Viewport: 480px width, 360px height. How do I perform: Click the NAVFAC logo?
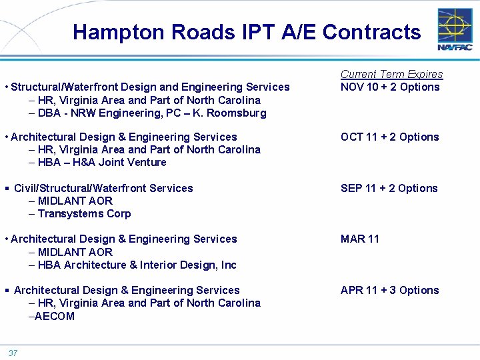click(455, 30)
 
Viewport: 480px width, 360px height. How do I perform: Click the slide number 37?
click(13, 353)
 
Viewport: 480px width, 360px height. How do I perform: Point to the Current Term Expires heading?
click(391, 74)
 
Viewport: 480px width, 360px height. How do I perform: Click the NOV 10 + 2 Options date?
click(390, 87)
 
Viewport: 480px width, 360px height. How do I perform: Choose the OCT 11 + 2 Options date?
click(389, 137)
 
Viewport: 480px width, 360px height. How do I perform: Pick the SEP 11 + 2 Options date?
click(389, 188)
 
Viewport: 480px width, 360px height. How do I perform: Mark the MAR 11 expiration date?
click(359, 239)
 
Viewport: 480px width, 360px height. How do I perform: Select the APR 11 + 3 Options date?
click(389, 290)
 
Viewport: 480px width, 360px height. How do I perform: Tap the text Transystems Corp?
click(84, 213)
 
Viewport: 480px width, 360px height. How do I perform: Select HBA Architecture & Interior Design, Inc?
click(137, 265)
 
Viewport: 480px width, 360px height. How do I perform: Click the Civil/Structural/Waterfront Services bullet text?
click(103, 188)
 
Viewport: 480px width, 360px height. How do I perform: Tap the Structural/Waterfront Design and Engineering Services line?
click(150, 87)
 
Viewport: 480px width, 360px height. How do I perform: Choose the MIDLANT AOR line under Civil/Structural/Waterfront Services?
click(75, 201)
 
